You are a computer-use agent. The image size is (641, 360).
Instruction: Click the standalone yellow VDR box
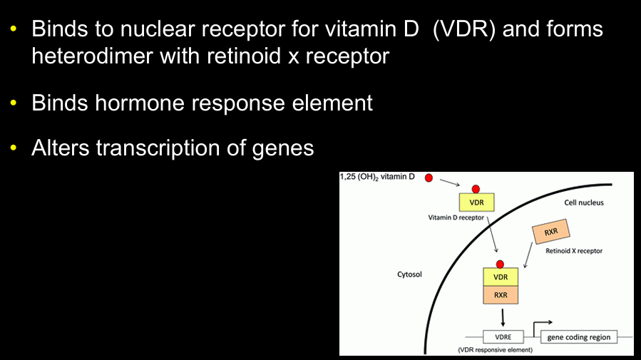[476, 202]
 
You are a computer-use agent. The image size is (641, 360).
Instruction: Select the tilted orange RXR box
[550, 232]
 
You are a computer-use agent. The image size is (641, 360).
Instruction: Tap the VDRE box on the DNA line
[503, 336]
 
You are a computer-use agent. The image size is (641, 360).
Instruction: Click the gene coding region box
[578, 336]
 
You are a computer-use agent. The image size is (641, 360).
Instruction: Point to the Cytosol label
[411, 274]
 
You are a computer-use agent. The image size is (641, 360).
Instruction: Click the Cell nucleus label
[584, 202]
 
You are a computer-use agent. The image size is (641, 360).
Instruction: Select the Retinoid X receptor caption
[574, 251]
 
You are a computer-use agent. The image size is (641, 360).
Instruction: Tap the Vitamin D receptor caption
[457, 217]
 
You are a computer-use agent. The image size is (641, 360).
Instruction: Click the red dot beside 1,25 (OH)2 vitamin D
[429, 178]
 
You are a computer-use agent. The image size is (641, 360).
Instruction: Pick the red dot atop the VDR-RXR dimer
[501, 264]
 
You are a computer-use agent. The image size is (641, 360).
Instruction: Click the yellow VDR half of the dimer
[501, 277]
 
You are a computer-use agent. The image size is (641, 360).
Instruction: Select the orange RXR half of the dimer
[501, 294]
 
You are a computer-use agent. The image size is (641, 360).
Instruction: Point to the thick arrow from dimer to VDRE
[503, 316]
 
